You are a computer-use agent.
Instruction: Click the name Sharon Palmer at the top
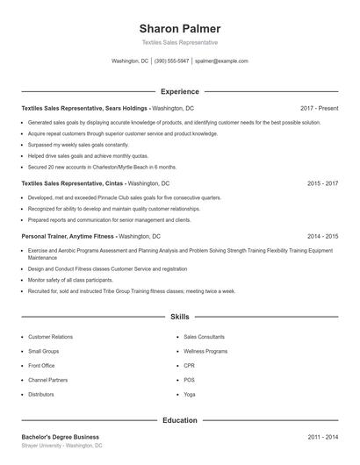click(x=180, y=28)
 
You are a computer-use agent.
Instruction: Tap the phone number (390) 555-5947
click(x=171, y=61)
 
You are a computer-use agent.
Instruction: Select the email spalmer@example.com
click(x=221, y=61)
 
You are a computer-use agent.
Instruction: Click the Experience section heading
click(x=180, y=91)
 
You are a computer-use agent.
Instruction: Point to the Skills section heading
click(x=180, y=316)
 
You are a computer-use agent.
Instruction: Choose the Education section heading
click(x=180, y=420)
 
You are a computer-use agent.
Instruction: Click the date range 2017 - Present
click(x=319, y=108)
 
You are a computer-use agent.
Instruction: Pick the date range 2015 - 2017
click(x=323, y=183)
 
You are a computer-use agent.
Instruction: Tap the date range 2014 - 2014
click(x=323, y=236)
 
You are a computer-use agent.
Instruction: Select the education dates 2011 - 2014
click(x=323, y=437)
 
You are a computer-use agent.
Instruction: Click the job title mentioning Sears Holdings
click(x=85, y=108)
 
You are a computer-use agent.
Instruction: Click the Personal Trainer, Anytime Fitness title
click(x=68, y=236)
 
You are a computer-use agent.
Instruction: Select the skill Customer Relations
click(x=50, y=337)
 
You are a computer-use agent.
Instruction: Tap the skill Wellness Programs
click(x=205, y=351)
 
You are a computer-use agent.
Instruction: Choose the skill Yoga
click(x=190, y=394)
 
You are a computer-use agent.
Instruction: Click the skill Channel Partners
click(x=47, y=380)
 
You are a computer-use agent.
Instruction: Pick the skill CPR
click(x=190, y=365)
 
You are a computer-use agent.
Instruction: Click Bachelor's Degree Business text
click(x=60, y=437)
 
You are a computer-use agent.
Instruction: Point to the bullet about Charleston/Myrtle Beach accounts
click(x=102, y=166)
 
